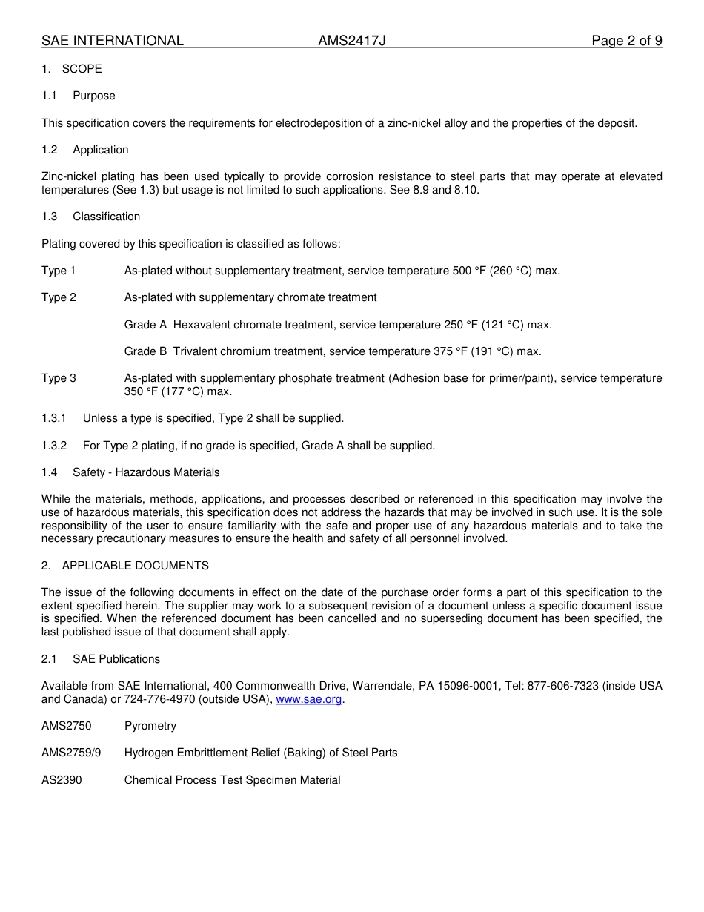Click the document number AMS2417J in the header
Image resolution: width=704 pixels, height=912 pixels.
(x=352, y=41)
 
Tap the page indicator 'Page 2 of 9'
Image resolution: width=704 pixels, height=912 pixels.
(x=626, y=41)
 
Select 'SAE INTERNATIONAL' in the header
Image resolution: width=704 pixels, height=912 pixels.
(x=113, y=41)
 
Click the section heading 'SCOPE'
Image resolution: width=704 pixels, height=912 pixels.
(x=82, y=69)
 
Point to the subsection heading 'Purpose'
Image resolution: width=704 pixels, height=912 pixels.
(x=94, y=96)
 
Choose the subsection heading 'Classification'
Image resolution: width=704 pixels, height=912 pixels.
(x=106, y=217)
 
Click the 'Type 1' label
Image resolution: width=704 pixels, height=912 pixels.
(x=59, y=271)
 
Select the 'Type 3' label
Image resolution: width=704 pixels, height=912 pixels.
(x=59, y=378)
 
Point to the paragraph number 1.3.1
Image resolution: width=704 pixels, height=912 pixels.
(x=54, y=418)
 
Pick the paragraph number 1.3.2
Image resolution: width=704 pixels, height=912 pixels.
(x=54, y=446)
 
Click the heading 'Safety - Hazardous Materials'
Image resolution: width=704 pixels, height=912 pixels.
(x=146, y=472)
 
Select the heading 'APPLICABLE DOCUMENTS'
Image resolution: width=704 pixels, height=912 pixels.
(x=136, y=566)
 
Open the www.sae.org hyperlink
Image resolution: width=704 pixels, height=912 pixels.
(x=309, y=699)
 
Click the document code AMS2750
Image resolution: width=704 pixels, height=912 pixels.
(x=67, y=726)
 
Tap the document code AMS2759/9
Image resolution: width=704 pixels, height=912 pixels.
(x=71, y=753)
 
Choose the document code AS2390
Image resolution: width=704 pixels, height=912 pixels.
(x=62, y=780)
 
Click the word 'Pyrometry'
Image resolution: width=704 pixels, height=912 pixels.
(x=150, y=726)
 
